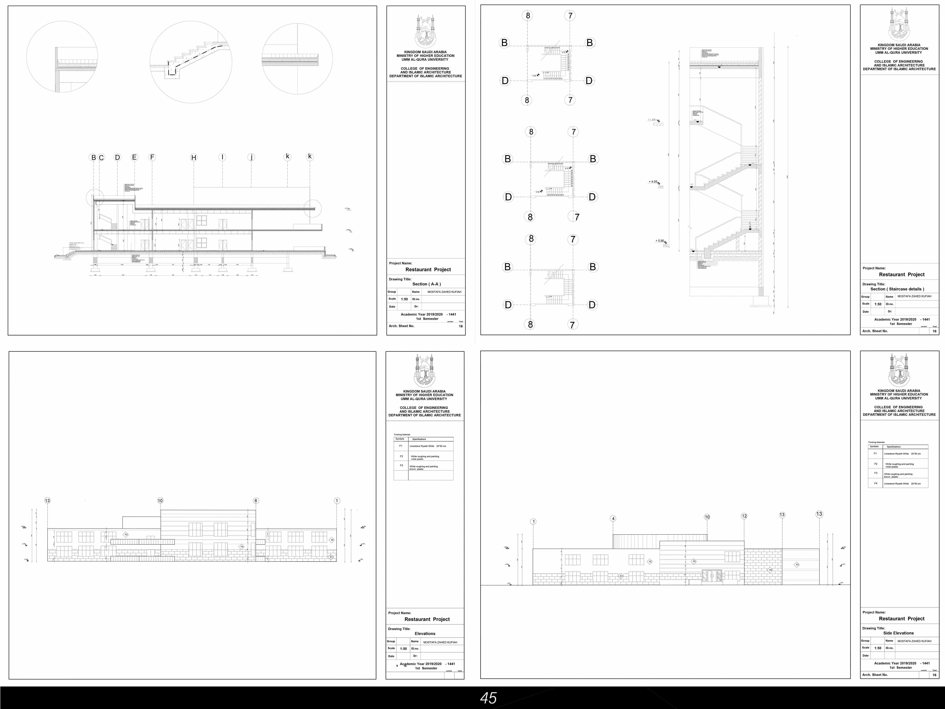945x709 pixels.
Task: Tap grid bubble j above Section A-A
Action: [251, 157]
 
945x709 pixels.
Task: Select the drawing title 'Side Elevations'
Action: [898, 633]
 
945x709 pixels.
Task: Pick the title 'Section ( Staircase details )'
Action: [897, 289]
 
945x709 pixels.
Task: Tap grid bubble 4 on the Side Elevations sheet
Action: [613, 518]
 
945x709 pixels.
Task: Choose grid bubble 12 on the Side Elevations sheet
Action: [744, 516]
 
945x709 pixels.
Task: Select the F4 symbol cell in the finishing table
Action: [875, 483]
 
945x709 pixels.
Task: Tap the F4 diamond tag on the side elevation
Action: [770, 570]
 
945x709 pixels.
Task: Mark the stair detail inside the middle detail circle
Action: [191, 60]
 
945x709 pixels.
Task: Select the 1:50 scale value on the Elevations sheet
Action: [403, 648]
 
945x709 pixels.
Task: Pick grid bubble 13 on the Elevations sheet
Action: [47, 500]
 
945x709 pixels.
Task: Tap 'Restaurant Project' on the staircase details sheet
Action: [901, 274]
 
